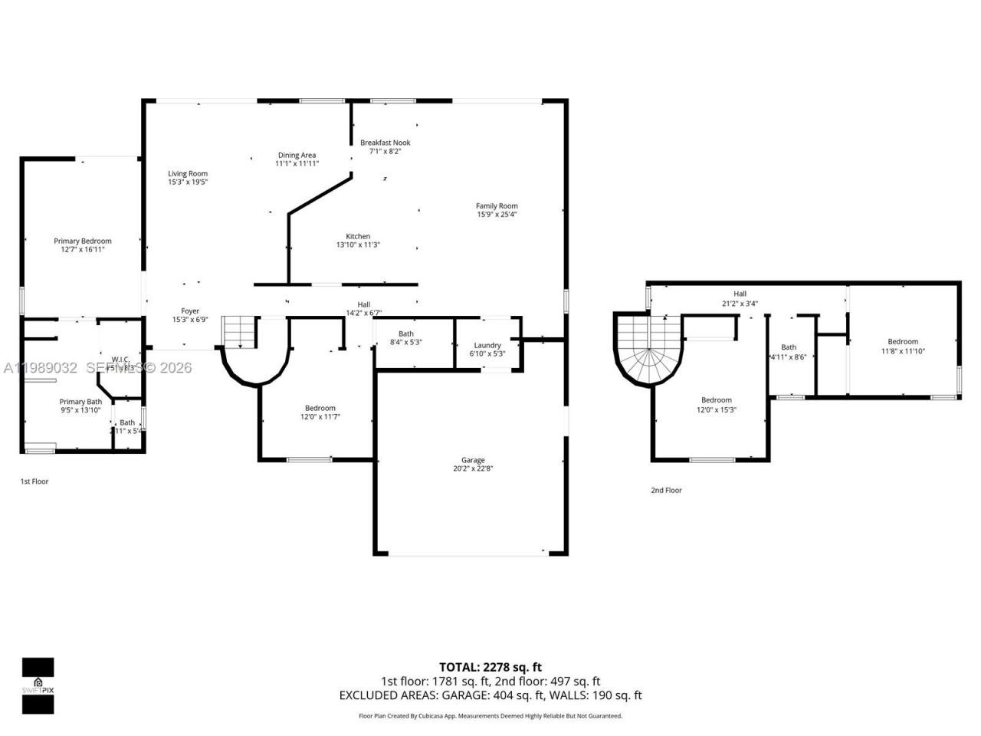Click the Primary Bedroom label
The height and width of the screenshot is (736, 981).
(x=82, y=241)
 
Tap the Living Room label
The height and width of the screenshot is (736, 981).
(x=188, y=173)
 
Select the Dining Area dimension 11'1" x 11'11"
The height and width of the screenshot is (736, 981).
(x=297, y=164)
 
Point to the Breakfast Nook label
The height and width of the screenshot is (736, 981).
(x=386, y=143)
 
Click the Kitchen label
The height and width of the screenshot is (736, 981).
(x=358, y=236)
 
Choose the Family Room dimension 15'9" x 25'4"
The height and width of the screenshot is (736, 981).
(x=497, y=215)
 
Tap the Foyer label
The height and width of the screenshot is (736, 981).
(x=190, y=310)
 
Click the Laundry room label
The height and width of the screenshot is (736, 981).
(x=487, y=345)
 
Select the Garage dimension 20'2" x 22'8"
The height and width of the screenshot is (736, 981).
(x=473, y=468)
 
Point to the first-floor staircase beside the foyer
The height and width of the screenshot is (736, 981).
(x=239, y=332)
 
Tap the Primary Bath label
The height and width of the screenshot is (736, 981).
(x=80, y=401)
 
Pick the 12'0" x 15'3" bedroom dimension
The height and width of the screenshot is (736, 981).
(x=716, y=409)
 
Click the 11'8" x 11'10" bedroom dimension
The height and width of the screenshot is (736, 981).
(x=902, y=351)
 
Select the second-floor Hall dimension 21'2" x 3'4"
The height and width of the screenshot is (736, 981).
(x=740, y=304)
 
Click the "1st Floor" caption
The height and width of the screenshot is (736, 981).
(x=34, y=481)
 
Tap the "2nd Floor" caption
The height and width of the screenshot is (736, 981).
(x=666, y=490)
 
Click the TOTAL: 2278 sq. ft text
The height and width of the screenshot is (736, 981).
(x=490, y=667)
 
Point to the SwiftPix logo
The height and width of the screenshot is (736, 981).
(x=38, y=685)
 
